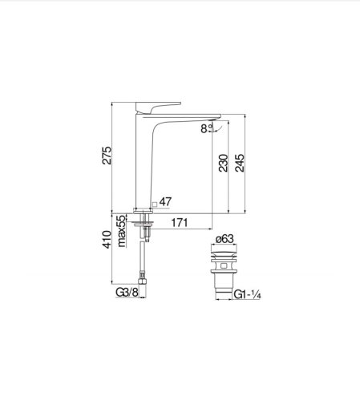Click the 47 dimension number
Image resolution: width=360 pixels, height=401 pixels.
[x=166, y=202]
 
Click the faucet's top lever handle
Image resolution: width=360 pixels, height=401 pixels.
[x=161, y=107]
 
